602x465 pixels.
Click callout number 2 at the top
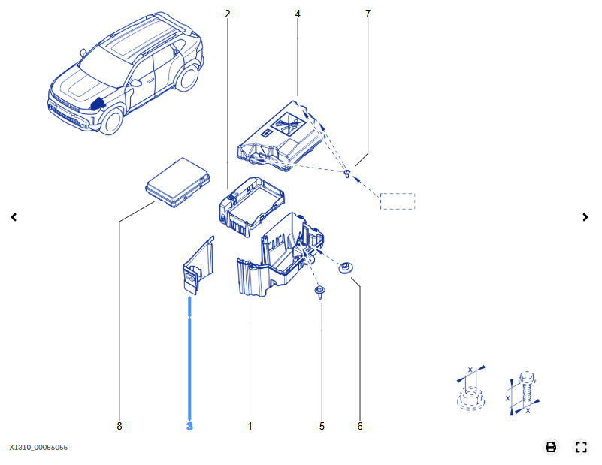(x=227, y=14)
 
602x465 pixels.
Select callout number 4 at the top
(x=298, y=14)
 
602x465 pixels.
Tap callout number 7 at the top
(x=368, y=14)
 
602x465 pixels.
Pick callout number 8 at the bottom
(x=119, y=426)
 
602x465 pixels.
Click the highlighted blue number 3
(x=189, y=426)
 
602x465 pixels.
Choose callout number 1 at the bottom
(x=250, y=426)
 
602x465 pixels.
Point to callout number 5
(x=322, y=426)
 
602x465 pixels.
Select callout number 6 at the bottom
(x=360, y=426)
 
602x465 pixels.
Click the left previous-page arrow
(x=14, y=217)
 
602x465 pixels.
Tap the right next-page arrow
(x=585, y=217)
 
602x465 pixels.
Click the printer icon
(x=551, y=447)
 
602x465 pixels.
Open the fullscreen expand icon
(x=581, y=447)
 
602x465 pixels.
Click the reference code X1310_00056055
(x=38, y=448)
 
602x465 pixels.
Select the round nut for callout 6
(x=346, y=267)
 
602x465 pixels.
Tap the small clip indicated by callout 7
(x=347, y=173)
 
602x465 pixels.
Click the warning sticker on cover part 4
(x=288, y=123)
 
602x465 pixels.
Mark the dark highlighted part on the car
(x=98, y=104)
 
